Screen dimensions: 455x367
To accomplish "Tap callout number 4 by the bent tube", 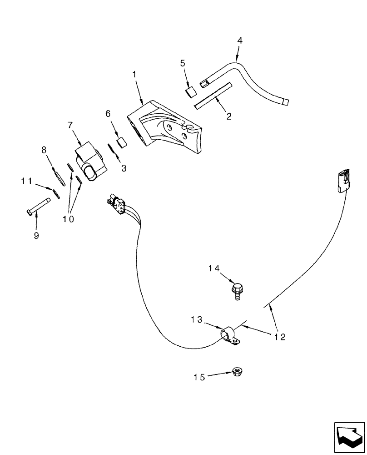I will click(239, 40).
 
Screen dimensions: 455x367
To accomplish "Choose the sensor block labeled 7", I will click(89, 162).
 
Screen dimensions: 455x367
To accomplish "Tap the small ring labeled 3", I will click(110, 149).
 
